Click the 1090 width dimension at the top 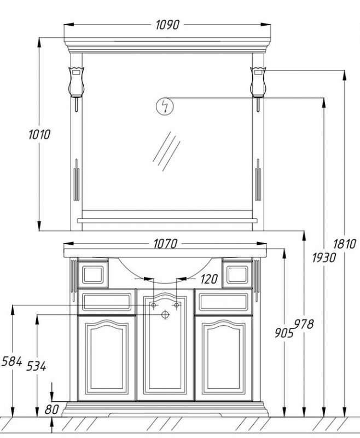click(x=167, y=25)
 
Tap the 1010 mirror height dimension click(x=39, y=134)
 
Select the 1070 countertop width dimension click(x=165, y=244)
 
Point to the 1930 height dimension click(x=324, y=257)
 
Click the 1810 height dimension click(x=345, y=244)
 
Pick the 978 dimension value click(x=304, y=324)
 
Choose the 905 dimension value click(x=284, y=332)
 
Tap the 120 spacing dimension click(x=209, y=279)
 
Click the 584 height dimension click(x=11, y=361)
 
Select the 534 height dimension click(x=36, y=366)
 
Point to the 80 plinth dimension click(x=51, y=410)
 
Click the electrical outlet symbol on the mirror click(x=165, y=106)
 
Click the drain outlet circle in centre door click(x=165, y=314)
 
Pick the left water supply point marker click(x=154, y=306)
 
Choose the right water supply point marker click(x=176, y=306)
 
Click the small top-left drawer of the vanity click(x=92, y=273)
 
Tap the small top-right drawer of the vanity click(x=237, y=273)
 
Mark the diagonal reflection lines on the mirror click(x=166, y=151)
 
